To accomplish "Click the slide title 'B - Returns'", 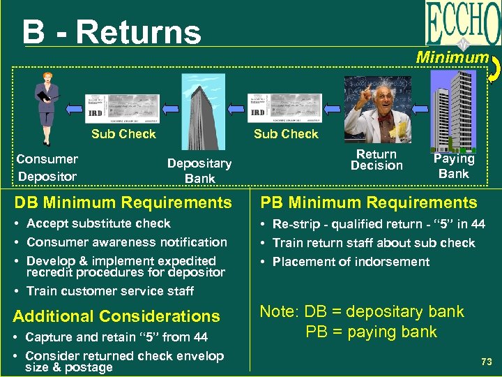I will pyautogui.click(x=112, y=32).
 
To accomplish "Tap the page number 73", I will pyautogui.click(x=486, y=362).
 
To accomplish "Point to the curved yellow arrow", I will pyautogui.click(x=493, y=67).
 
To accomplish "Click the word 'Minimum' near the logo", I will pyautogui.click(x=452, y=57).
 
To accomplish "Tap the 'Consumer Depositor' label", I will pyautogui.click(x=47, y=168).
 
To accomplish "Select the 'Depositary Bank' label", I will pyautogui.click(x=199, y=170).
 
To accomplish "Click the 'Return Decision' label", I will pyautogui.click(x=376, y=160).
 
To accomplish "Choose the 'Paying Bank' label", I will pyautogui.click(x=454, y=166).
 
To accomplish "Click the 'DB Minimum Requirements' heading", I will pyautogui.click(x=122, y=203).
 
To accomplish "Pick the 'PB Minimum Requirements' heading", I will pyautogui.click(x=368, y=203).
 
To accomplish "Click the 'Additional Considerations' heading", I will pyautogui.click(x=116, y=316).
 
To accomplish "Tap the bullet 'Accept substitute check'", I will pyautogui.click(x=98, y=223).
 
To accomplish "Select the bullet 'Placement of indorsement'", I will pyautogui.click(x=351, y=262).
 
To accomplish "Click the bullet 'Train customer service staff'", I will pyautogui.click(x=109, y=291).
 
